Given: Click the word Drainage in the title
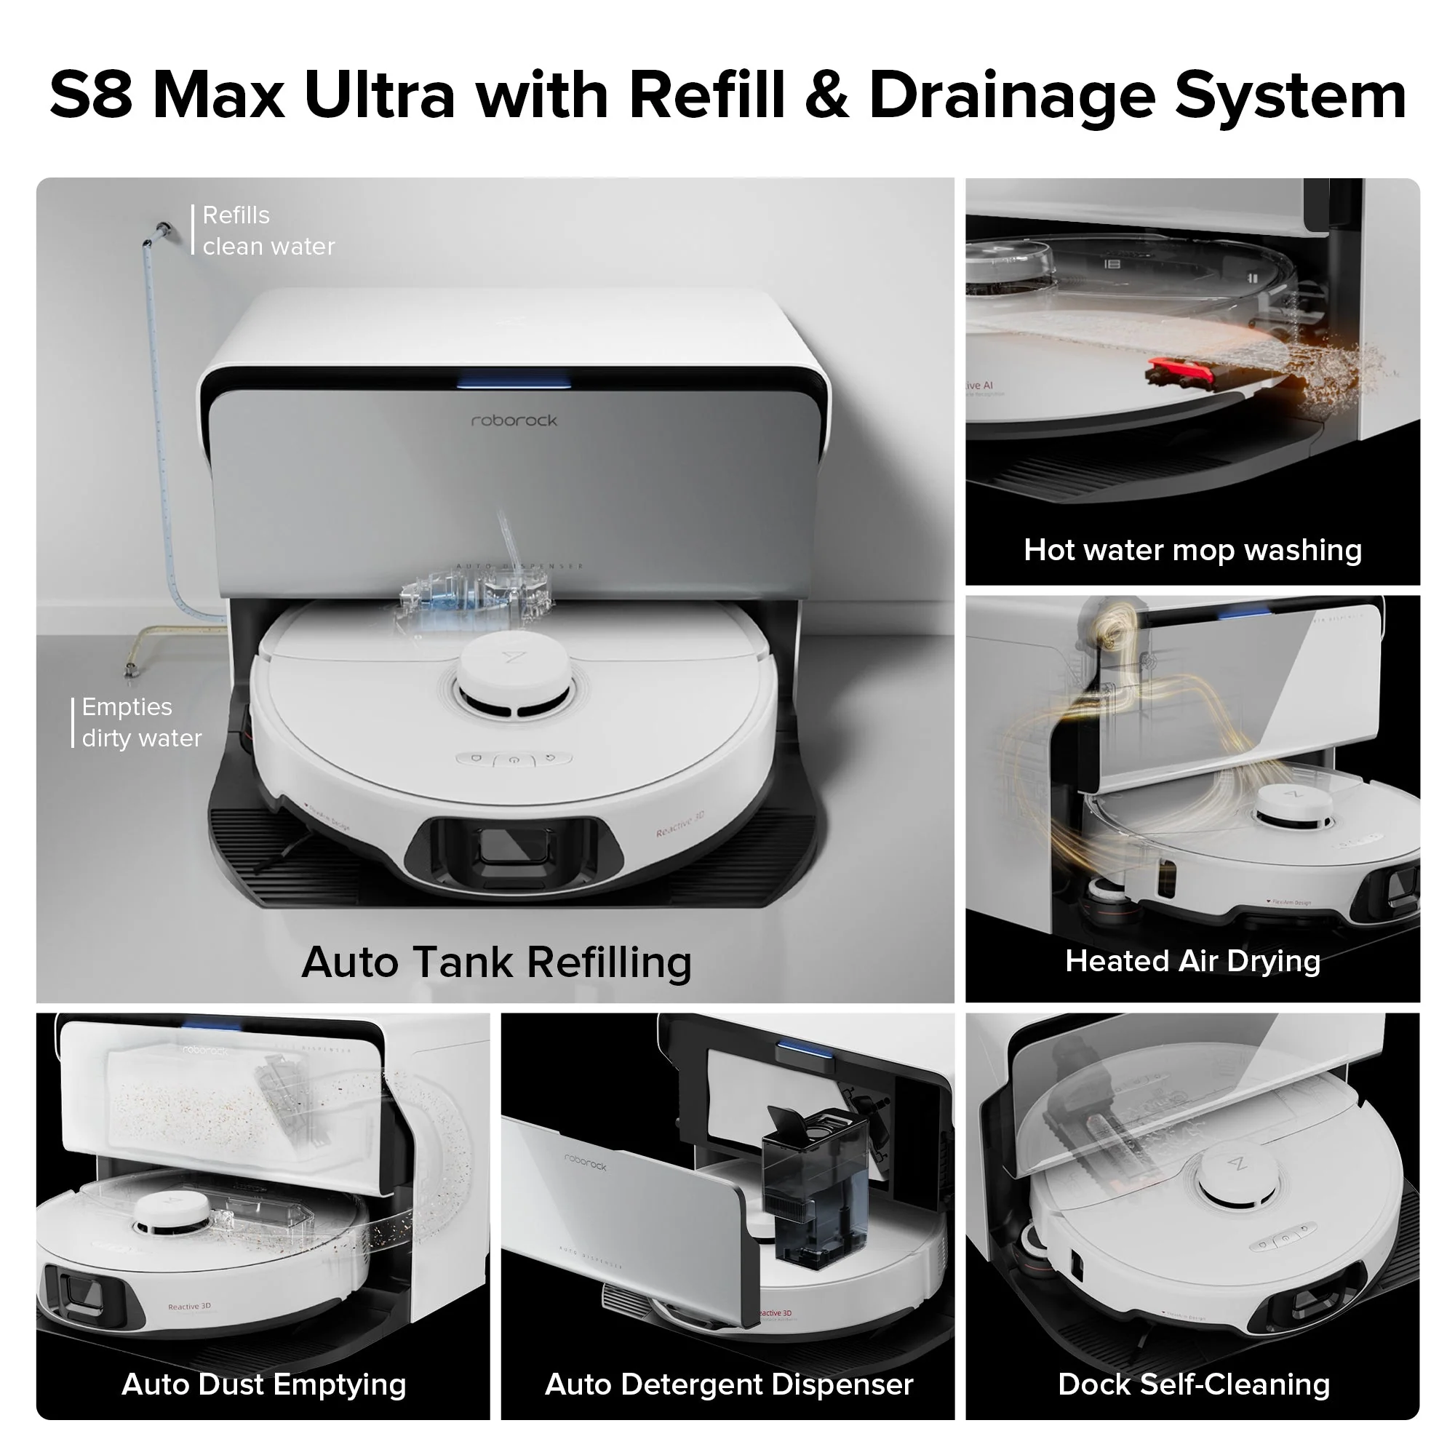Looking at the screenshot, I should point(1010,97).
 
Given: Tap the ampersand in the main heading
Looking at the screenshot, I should point(826,97).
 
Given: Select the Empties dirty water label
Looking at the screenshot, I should point(141,722).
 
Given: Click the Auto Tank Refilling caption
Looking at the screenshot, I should point(495,962).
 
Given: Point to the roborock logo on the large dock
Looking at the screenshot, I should point(514,420).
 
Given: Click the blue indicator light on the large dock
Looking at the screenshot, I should point(514,383).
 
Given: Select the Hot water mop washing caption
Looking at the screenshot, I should point(1192,550).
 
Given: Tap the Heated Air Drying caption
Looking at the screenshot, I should point(1192,961).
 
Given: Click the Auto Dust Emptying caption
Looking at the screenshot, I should point(263,1384).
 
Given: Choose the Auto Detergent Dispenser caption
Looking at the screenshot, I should point(728,1384).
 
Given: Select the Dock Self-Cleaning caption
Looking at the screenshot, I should point(1193,1384).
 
